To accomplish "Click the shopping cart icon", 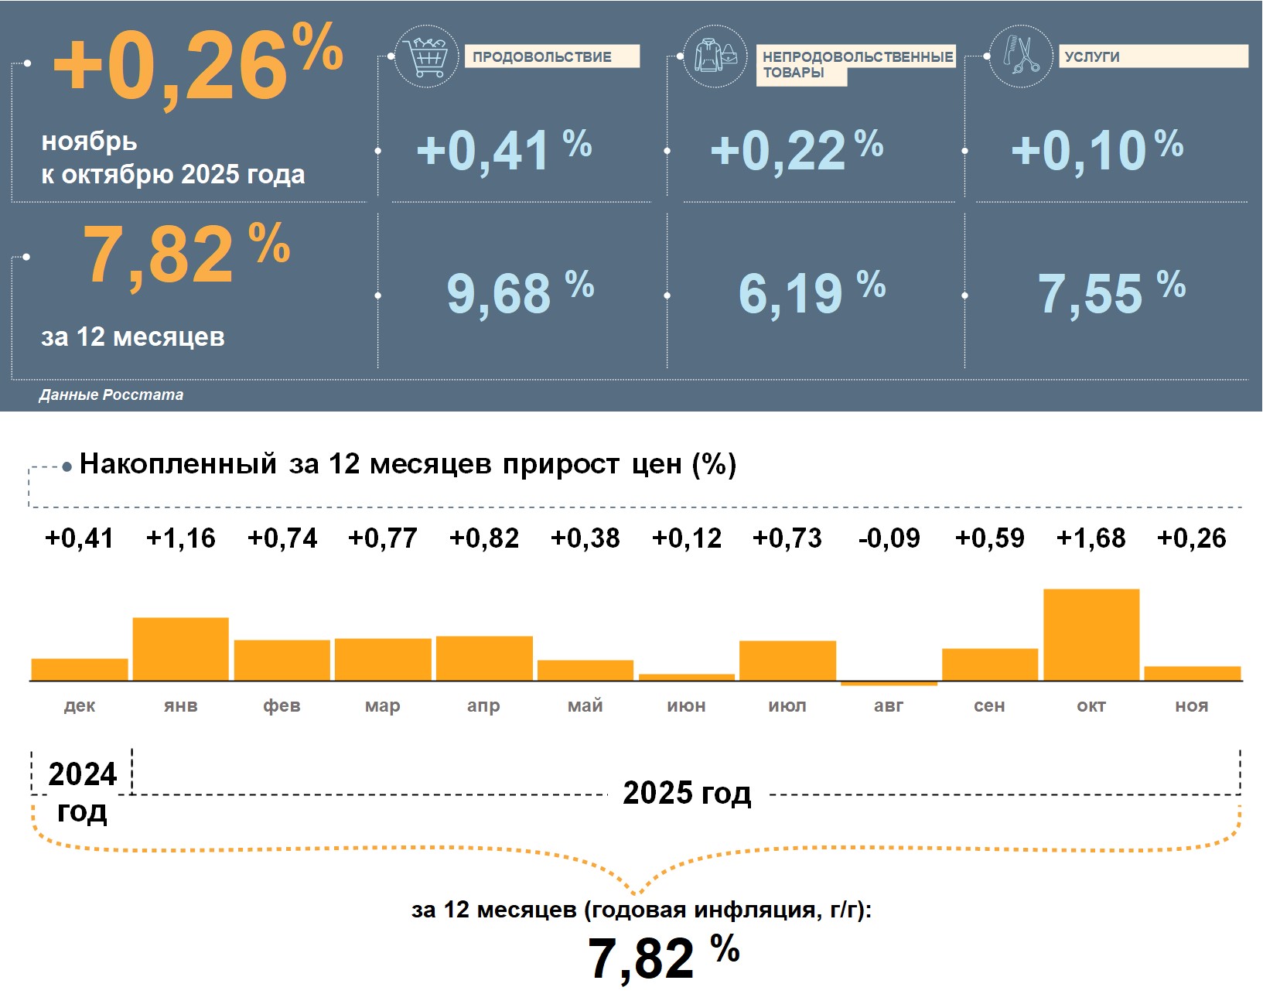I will pos(425,56).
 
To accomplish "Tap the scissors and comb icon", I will pos(1021,56).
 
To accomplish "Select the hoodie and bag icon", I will pos(715,56).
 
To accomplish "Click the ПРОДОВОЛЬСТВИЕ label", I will pos(551,56).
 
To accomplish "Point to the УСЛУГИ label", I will pos(1152,56).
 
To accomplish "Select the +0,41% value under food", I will pos(503,150).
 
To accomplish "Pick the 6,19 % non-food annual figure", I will pos(811,293).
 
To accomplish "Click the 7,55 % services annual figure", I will pos(1111,293).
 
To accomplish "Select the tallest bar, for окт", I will pos(1091,634).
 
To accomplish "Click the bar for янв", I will pos(181,649).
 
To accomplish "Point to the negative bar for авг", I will pos(889,684).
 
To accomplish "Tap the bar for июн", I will pos(687,678).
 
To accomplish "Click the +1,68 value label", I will pos(1091,538).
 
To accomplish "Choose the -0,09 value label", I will pos(889,538).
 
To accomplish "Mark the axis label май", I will pos(585,705).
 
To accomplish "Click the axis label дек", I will pos(80,705).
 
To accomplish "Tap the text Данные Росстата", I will pos(111,395).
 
